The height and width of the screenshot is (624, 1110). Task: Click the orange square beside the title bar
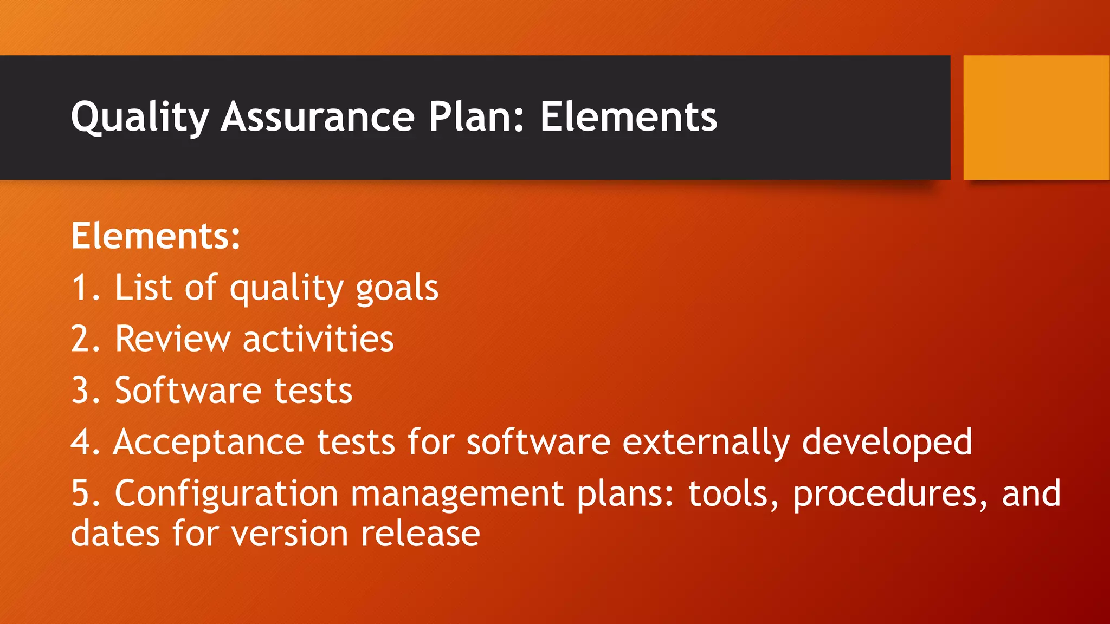coord(1036,118)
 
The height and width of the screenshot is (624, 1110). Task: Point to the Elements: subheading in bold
coord(156,236)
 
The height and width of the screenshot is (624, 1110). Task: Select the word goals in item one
coord(397,288)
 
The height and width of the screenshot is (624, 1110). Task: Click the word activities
coord(318,339)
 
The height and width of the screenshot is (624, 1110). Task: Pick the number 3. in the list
coord(86,391)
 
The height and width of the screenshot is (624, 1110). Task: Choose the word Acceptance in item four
coord(209,443)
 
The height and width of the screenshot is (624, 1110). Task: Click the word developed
coord(887,443)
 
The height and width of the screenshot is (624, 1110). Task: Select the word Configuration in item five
coord(226,494)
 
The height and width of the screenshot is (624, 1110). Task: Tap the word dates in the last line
coord(115,534)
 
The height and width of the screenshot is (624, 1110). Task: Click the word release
coord(420,534)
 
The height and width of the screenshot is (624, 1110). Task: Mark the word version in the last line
coord(289,534)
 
